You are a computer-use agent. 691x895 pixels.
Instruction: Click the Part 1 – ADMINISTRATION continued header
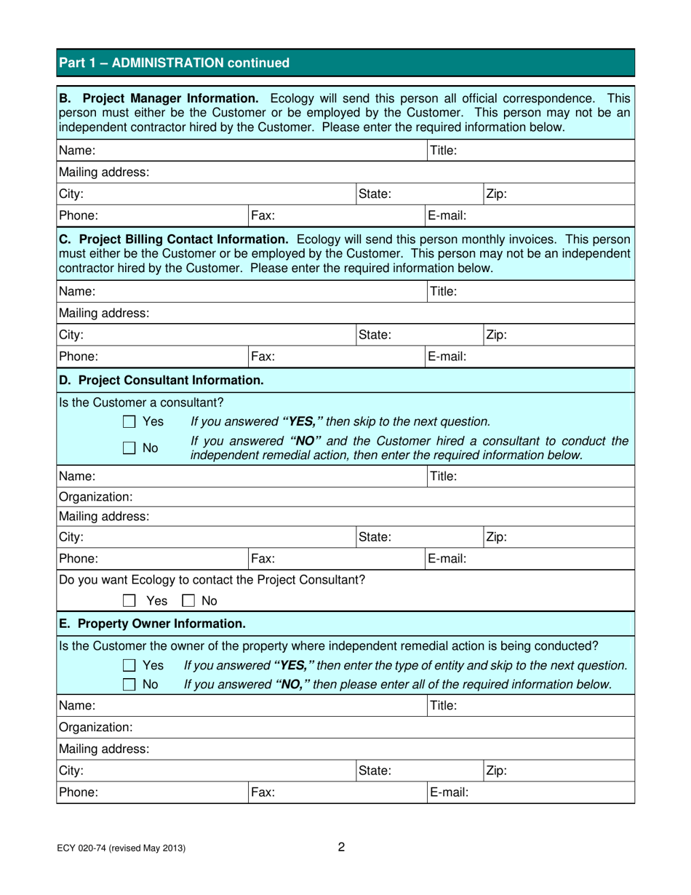(x=174, y=63)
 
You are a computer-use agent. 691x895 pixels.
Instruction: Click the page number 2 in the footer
(x=341, y=846)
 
